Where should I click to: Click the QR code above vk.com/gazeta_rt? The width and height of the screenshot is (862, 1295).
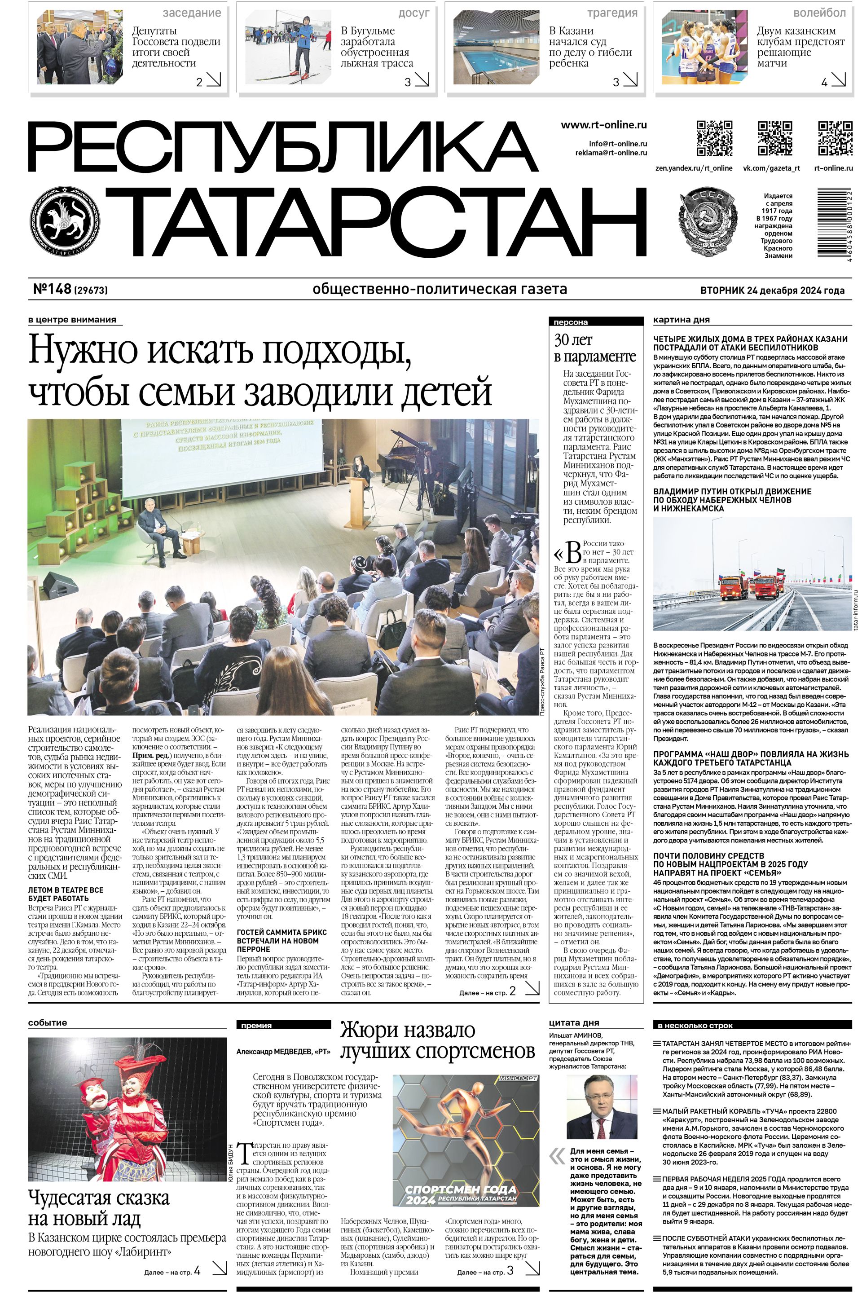(x=775, y=138)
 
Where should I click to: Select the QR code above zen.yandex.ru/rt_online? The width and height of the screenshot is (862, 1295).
(x=715, y=138)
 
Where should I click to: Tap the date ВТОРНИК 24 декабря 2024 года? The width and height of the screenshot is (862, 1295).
(x=772, y=290)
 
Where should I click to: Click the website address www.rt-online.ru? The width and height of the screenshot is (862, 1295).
(x=603, y=125)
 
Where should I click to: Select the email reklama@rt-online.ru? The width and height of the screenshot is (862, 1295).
(x=611, y=153)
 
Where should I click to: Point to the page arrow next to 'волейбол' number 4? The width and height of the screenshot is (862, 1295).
(x=839, y=81)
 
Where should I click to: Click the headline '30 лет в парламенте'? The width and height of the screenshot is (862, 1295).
(x=595, y=348)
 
